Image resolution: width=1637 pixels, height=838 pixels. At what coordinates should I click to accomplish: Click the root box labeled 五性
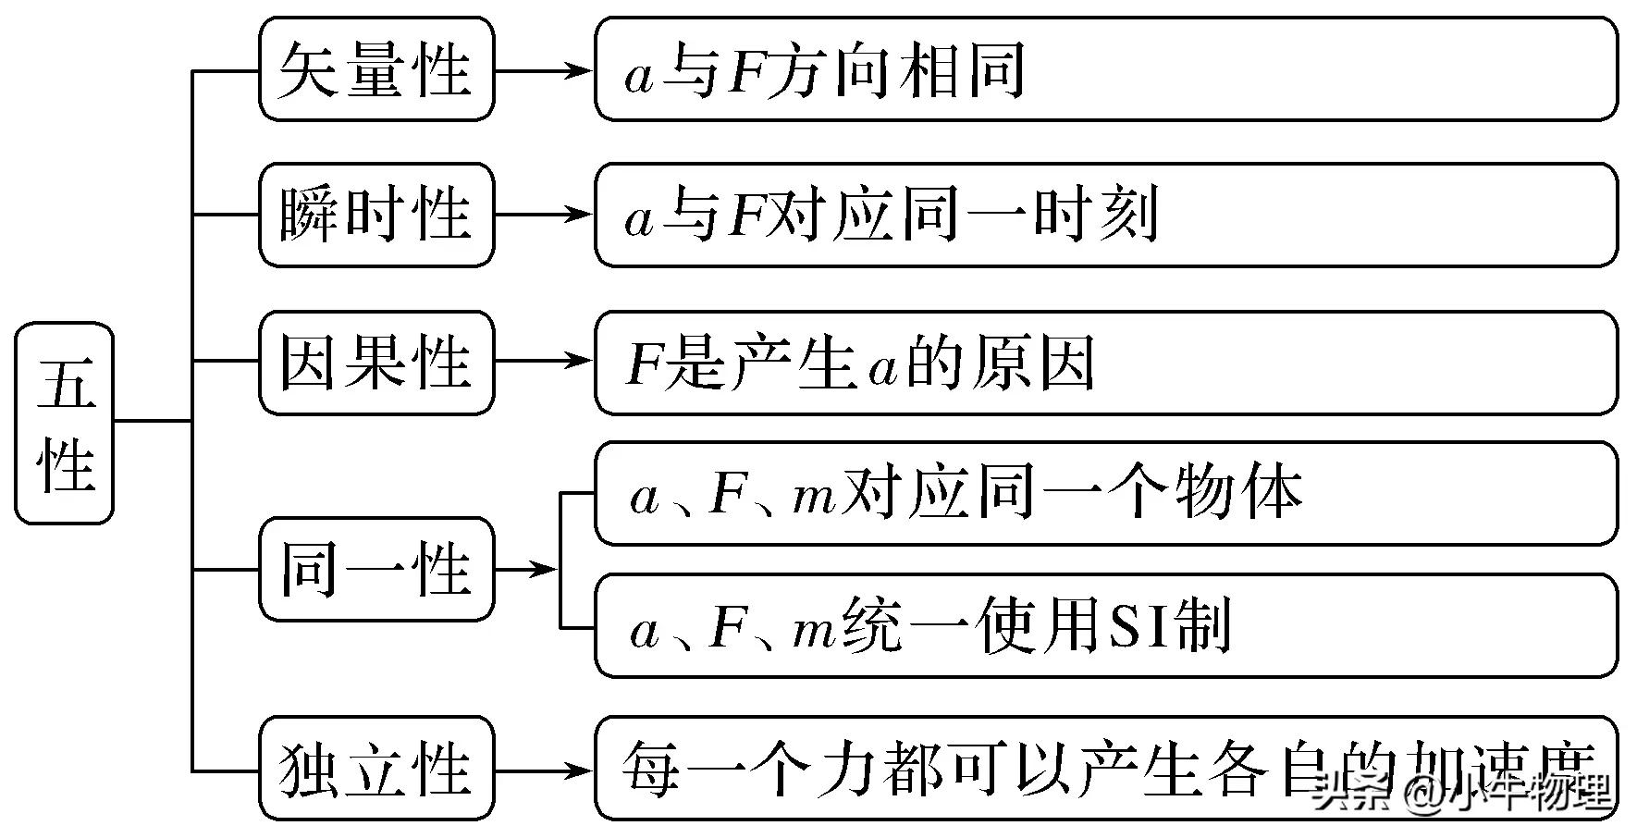(x=65, y=424)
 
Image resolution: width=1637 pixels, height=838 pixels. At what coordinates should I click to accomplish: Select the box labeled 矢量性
(x=376, y=70)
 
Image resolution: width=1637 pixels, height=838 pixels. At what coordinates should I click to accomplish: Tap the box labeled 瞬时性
(x=376, y=215)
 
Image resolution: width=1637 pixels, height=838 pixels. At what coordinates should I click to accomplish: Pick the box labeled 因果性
(x=376, y=362)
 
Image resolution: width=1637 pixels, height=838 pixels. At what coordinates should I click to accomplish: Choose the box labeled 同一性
(x=376, y=569)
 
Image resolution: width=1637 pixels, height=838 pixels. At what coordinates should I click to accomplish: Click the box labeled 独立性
(x=376, y=769)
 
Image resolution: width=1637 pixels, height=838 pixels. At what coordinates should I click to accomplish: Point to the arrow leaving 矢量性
(x=544, y=70)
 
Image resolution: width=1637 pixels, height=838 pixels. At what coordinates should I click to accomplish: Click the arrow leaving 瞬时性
(x=544, y=215)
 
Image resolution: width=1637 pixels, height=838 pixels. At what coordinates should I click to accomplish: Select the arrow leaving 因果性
(x=544, y=362)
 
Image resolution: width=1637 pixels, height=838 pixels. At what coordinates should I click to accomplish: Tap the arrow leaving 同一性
(x=527, y=569)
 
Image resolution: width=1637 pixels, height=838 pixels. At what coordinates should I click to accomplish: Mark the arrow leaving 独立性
(x=544, y=770)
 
